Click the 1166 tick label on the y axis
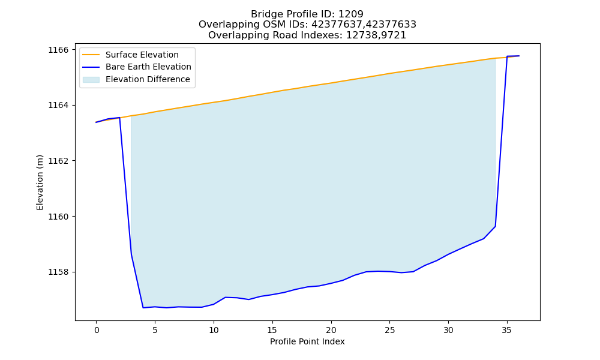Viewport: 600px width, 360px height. pyautogui.click(x=58, y=50)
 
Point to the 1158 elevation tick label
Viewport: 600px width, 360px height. pyautogui.click(x=58, y=272)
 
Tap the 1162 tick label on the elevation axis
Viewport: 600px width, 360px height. pyautogui.click(x=58, y=161)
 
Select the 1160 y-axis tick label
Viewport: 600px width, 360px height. pyautogui.click(x=58, y=217)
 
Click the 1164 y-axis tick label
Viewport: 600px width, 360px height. pyautogui.click(x=58, y=105)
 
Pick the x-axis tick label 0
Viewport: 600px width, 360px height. pyautogui.click(x=96, y=330)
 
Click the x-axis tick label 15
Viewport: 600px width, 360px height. pyautogui.click(x=272, y=330)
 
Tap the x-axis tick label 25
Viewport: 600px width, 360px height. pyautogui.click(x=389, y=330)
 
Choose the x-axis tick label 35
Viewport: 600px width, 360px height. pyautogui.click(x=506, y=330)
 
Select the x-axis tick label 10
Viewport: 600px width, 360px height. pyautogui.click(x=214, y=330)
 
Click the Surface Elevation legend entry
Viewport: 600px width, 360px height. pyautogui.click(x=142, y=55)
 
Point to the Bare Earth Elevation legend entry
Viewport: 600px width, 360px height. pyautogui.click(x=148, y=67)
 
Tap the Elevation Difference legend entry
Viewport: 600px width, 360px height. pyautogui.click(x=148, y=79)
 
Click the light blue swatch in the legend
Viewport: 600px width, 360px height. pyautogui.click(x=91, y=80)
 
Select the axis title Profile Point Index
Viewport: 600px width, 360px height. pyautogui.click(x=307, y=341)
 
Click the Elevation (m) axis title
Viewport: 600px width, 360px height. pyautogui.click(x=40, y=182)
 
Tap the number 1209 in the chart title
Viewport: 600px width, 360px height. pyautogui.click(x=351, y=14)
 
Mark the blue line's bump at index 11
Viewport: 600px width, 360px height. pyautogui.click(x=226, y=297)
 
